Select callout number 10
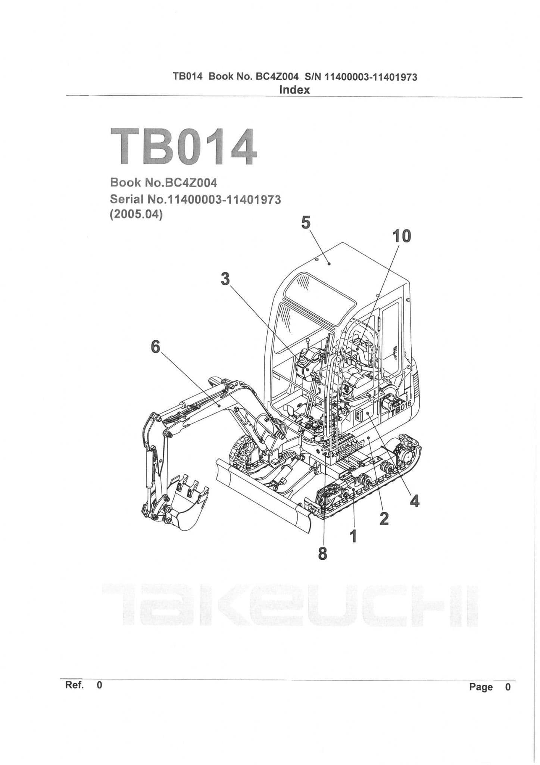(x=401, y=236)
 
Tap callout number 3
(x=225, y=279)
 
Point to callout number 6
(x=155, y=347)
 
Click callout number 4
(x=415, y=501)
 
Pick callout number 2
(x=384, y=518)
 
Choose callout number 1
(x=353, y=536)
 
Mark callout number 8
(x=323, y=554)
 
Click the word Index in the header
(x=294, y=90)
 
